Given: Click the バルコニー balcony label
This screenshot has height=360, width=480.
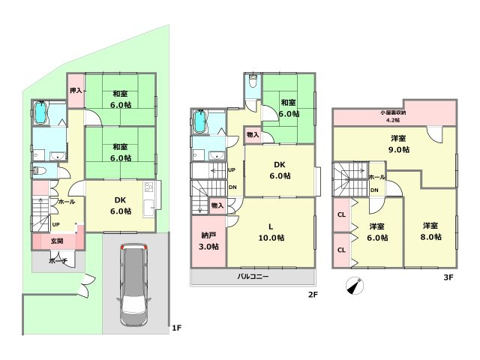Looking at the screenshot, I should pyautogui.click(x=253, y=276).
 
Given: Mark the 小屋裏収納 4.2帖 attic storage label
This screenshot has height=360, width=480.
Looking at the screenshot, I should pyautogui.click(x=393, y=116).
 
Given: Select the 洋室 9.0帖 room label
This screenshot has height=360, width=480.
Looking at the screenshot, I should pyautogui.click(x=398, y=144).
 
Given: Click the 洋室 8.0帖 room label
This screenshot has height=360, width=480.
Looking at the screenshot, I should pyautogui.click(x=429, y=230).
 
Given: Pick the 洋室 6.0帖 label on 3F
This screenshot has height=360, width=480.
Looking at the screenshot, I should pyautogui.click(x=377, y=232).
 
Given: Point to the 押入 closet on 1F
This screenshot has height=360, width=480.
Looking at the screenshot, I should pyautogui.click(x=76, y=90).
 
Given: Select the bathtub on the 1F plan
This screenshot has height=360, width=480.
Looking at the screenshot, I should pyautogui.click(x=41, y=114).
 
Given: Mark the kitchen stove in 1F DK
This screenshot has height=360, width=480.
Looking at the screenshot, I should pyautogui.click(x=149, y=188).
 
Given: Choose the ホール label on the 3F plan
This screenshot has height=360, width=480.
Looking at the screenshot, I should pyautogui.click(x=376, y=177).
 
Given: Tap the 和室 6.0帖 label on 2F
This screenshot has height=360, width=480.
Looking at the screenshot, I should pyautogui.click(x=290, y=108).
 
